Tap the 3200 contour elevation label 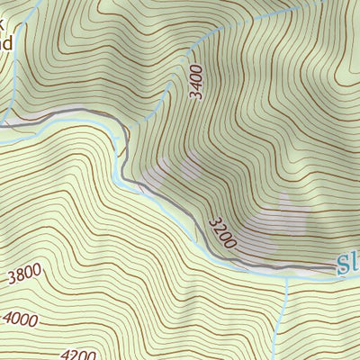[221, 232]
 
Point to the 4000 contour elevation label [22, 319]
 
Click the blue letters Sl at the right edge [347, 264]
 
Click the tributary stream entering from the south [284, 315]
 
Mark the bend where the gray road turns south [121, 135]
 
